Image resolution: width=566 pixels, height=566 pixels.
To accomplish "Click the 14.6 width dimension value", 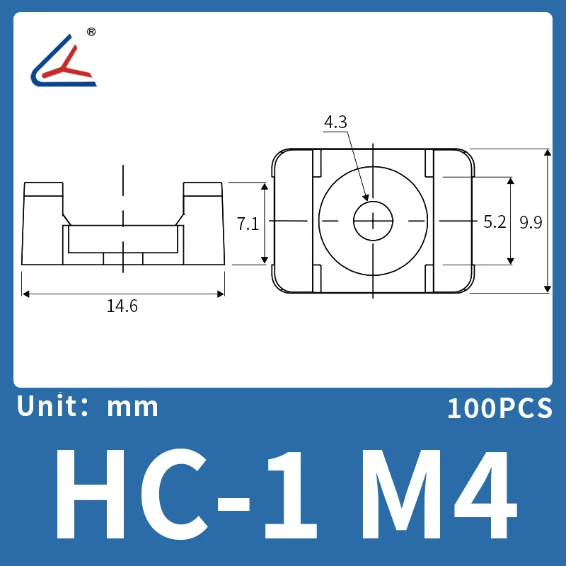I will pyautogui.click(x=122, y=306).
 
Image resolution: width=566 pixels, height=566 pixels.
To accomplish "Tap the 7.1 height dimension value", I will pyautogui.click(x=247, y=224).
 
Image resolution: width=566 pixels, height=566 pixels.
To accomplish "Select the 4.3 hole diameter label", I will pyautogui.click(x=335, y=122).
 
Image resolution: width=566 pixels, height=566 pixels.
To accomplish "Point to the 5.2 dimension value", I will pyautogui.click(x=495, y=222).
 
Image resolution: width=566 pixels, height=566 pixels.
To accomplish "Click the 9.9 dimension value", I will pyautogui.click(x=530, y=222).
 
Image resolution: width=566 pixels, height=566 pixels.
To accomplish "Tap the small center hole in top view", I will pyautogui.click(x=373, y=221).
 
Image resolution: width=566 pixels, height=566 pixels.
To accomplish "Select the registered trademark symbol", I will pyautogui.click(x=91, y=33).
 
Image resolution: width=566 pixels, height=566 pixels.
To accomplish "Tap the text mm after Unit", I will pyautogui.click(x=132, y=408).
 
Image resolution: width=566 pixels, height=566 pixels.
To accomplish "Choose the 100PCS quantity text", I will pyautogui.click(x=499, y=408).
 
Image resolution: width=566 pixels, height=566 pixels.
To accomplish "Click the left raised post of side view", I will pyautogui.click(x=45, y=198).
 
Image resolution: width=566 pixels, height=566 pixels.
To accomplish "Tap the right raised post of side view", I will pyautogui.click(x=203, y=198).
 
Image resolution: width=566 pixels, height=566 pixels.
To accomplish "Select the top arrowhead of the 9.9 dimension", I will pyautogui.click(x=547, y=152).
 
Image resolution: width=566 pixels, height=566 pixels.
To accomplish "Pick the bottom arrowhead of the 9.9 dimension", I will pyautogui.click(x=547, y=289).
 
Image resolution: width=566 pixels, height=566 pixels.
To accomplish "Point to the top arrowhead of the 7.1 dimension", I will pyautogui.click(x=265, y=185).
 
